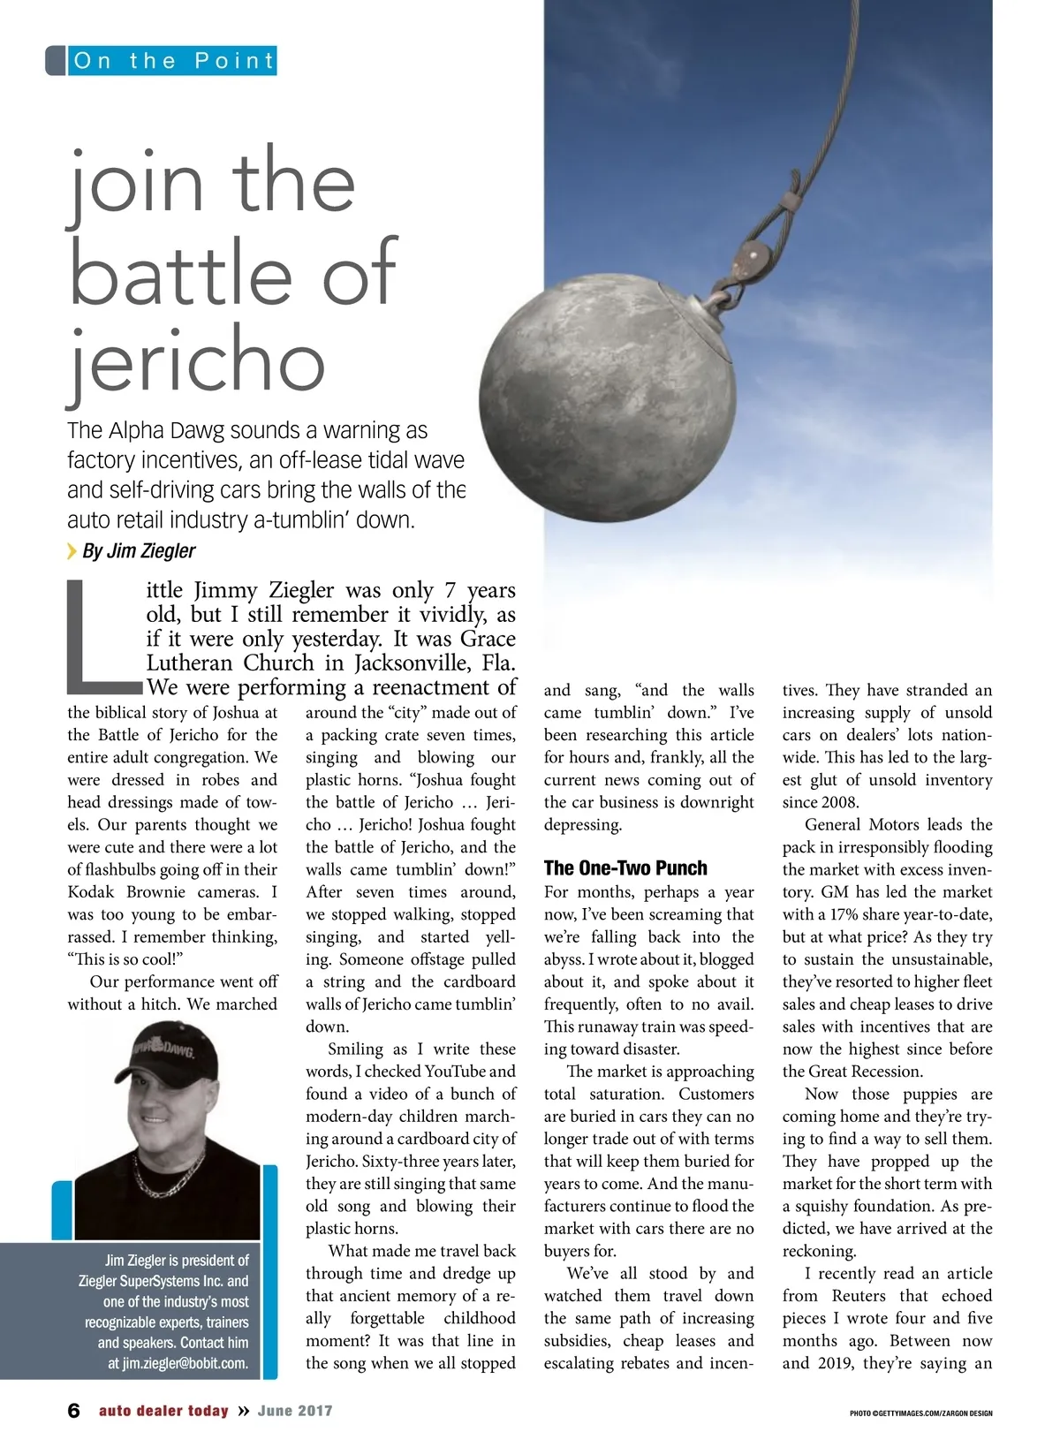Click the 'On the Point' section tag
coord(173,61)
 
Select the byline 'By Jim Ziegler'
coord(139,551)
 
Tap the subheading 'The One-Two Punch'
coord(625,867)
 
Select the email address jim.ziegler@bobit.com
coord(185,1363)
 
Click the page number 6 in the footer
coord(74,1411)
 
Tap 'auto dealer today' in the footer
coord(163,1411)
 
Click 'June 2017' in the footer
coord(295,1411)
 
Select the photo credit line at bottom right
coord(920,1413)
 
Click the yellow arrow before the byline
coord(72,551)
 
